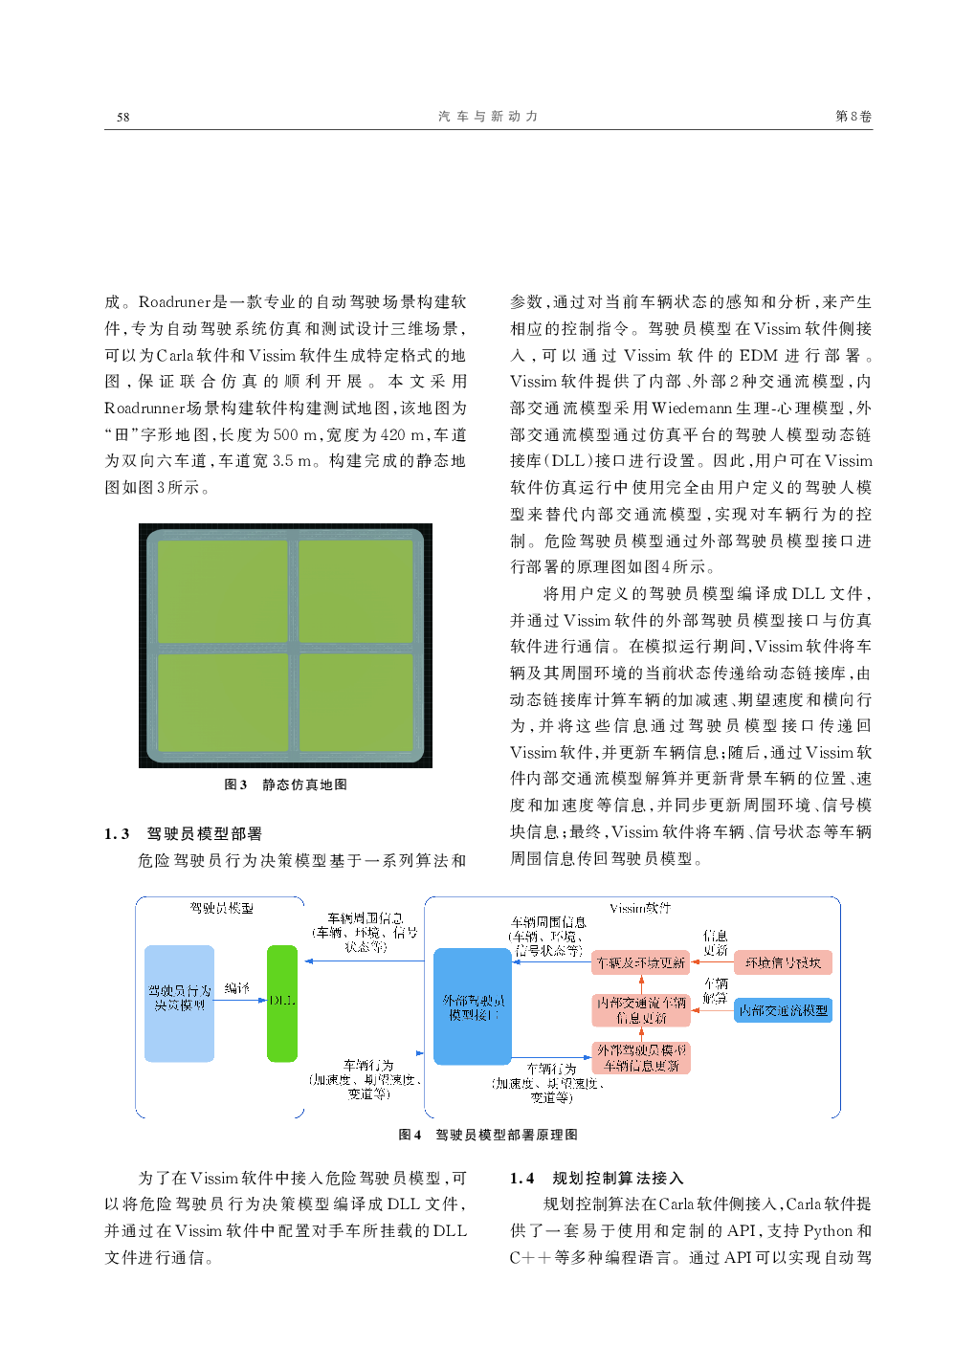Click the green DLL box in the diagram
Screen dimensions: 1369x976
coord(282,1004)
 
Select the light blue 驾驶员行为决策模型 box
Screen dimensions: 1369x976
coord(179,1004)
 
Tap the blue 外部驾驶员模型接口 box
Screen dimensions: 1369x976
coord(473,1006)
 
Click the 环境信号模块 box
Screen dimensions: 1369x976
coord(783,962)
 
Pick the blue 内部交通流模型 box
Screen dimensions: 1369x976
coord(783,1010)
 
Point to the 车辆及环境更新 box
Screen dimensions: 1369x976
coord(640,962)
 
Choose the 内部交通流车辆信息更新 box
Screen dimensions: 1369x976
coord(641,1010)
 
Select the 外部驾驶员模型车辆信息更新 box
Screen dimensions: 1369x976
coord(641,1058)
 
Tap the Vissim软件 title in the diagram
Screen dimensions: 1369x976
coord(640,908)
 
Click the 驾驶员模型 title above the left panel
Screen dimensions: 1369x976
coord(221,908)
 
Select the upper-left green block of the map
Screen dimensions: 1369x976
coord(222,591)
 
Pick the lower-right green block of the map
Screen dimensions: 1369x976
coord(356,703)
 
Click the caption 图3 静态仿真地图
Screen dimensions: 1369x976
coord(285,784)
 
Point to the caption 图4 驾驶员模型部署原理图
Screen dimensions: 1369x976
coord(487,1135)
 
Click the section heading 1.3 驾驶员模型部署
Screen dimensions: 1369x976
coord(183,833)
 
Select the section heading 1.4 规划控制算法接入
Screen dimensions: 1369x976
coord(596,1178)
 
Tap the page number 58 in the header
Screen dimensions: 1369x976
coord(122,117)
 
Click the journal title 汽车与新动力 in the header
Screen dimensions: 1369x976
coord(488,117)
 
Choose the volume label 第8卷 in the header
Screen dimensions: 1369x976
coord(853,117)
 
